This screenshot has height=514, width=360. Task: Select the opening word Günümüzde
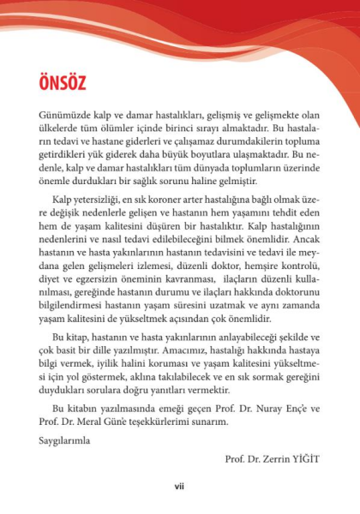pyautogui.click(x=66, y=115)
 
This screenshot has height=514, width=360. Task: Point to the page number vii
pyautogui.click(x=179, y=487)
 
